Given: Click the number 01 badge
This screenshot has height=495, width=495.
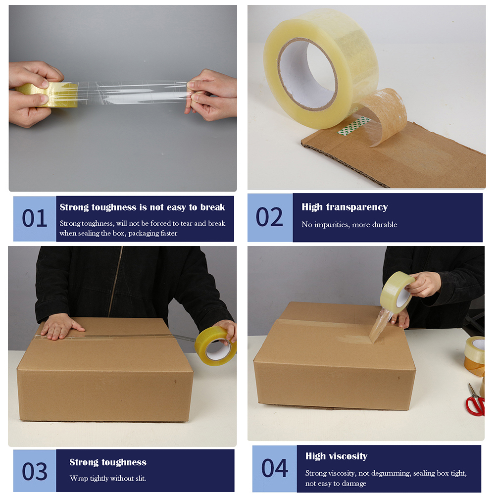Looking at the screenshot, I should coord(35,219).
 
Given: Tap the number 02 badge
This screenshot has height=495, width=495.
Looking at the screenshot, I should coord(270,217).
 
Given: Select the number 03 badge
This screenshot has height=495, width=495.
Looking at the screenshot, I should coord(35,471).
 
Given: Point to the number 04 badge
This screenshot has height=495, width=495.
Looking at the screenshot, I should coord(275,468).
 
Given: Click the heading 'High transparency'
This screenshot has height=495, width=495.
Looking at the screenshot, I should coord(345,207).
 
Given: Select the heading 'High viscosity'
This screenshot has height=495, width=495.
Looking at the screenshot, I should coord(336,456).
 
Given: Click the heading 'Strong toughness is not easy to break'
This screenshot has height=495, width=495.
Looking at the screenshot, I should coord(142,207).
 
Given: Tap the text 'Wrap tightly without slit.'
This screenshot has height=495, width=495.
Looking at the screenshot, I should coord(108,478).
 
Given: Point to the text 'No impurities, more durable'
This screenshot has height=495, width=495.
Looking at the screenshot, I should coord(349,225).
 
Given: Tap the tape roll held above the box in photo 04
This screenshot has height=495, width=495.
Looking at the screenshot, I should coord(397,292).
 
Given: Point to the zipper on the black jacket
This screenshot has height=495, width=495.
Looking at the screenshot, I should coord(116,282).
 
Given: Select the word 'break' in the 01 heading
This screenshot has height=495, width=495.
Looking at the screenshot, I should coord(212,207).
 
